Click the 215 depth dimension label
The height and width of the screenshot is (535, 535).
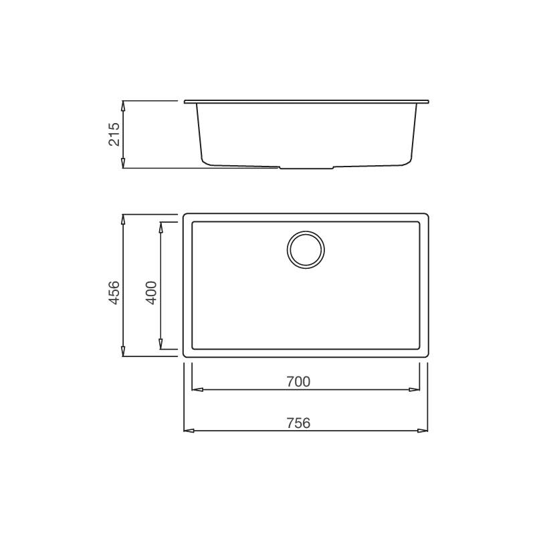(x=114, y=134)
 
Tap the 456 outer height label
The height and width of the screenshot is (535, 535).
(x=114, y=292)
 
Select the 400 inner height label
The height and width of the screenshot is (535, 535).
(x=151, y=292)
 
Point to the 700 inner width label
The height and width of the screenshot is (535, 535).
(x=298, y=381)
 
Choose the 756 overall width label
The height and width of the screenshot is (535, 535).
(x=298, y=423)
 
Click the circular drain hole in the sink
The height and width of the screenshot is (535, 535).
(x=306, y=249)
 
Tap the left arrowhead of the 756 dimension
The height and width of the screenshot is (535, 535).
(x=189, y=431)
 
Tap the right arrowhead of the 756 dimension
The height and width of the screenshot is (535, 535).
(x=423, y=431)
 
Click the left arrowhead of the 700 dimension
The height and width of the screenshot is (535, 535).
(x=197, y=389)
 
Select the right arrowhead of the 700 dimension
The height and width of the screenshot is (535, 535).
(x=414, y=389)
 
